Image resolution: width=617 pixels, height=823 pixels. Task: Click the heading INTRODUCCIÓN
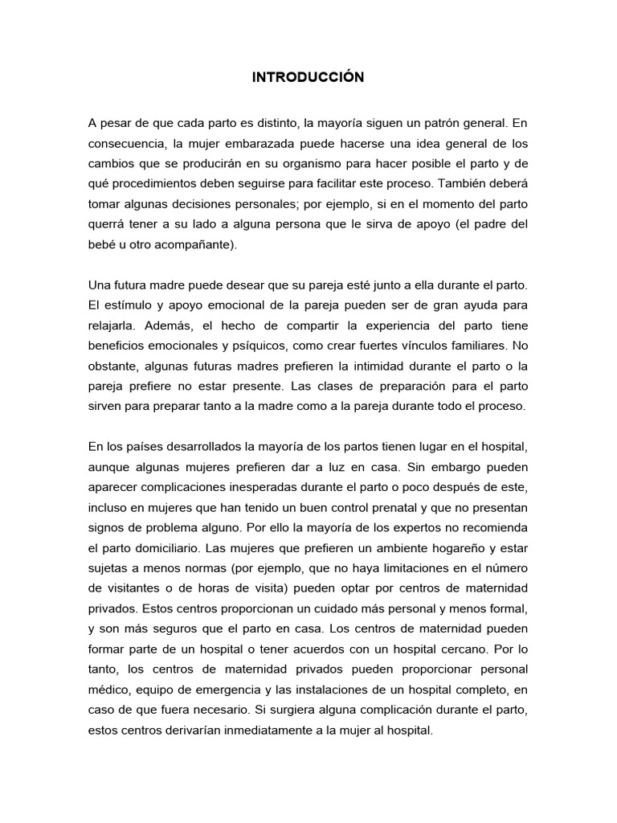(308, 77)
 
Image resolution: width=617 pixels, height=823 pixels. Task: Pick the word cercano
(480, 649)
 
